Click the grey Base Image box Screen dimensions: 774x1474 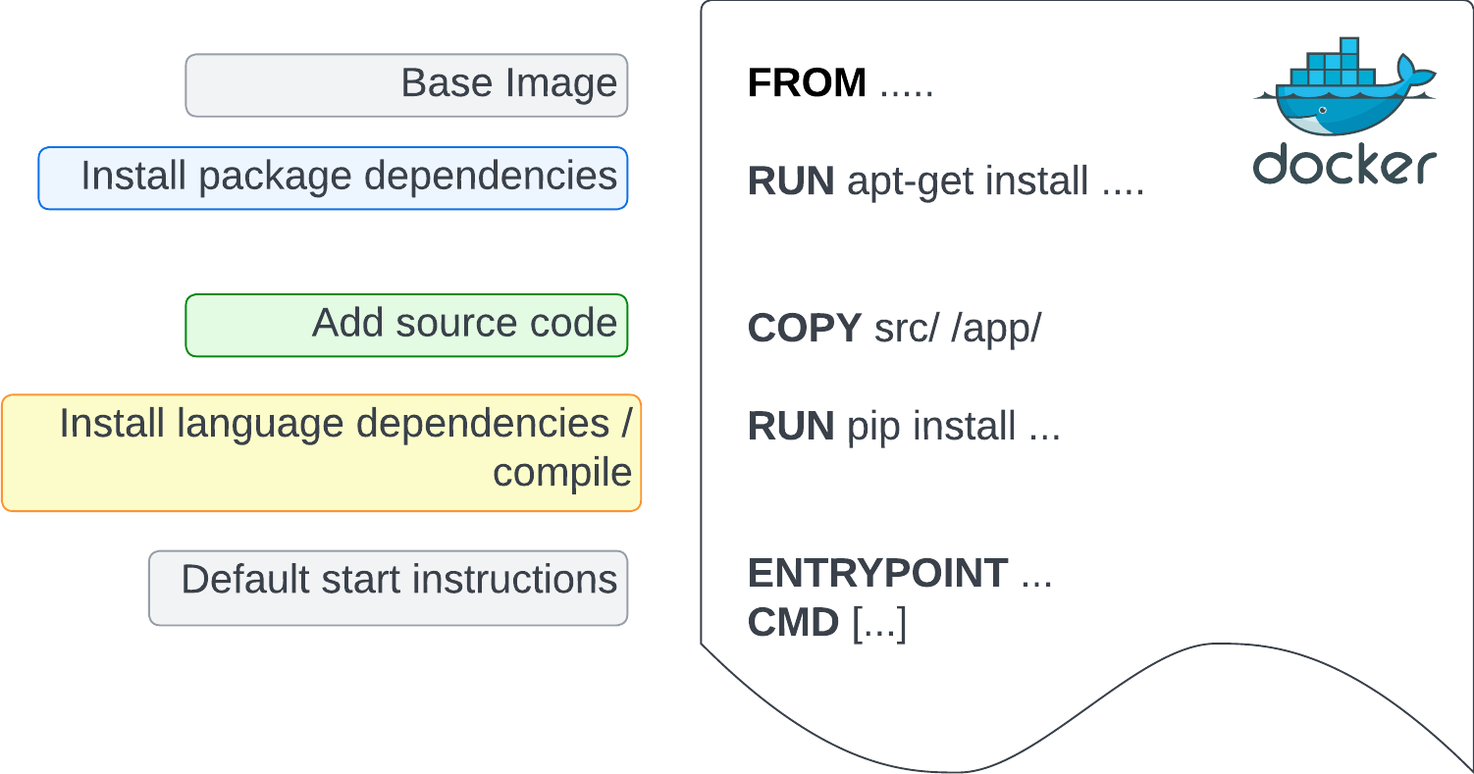coord(406,85)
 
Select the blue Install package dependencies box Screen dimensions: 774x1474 coord(333,179)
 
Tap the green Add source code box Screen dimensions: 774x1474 coord(406,325)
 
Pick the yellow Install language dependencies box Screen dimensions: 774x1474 coord(321,452)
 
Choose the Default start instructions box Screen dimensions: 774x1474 coord(388,588)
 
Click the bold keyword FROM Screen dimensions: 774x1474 coord(807,83)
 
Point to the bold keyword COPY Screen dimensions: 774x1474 coord(804,329)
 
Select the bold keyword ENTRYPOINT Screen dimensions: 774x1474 coord(877,574)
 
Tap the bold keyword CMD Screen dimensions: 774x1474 coord(793,622)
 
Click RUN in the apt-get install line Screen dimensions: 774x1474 coord(791,181)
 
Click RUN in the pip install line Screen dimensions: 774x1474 coord(791,427)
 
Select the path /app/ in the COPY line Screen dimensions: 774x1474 coord(995,329)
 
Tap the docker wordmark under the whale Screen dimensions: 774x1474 coord(1344,165)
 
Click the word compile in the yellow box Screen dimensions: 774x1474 coord(561,473)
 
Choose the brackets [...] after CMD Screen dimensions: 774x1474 coord(878,623)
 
